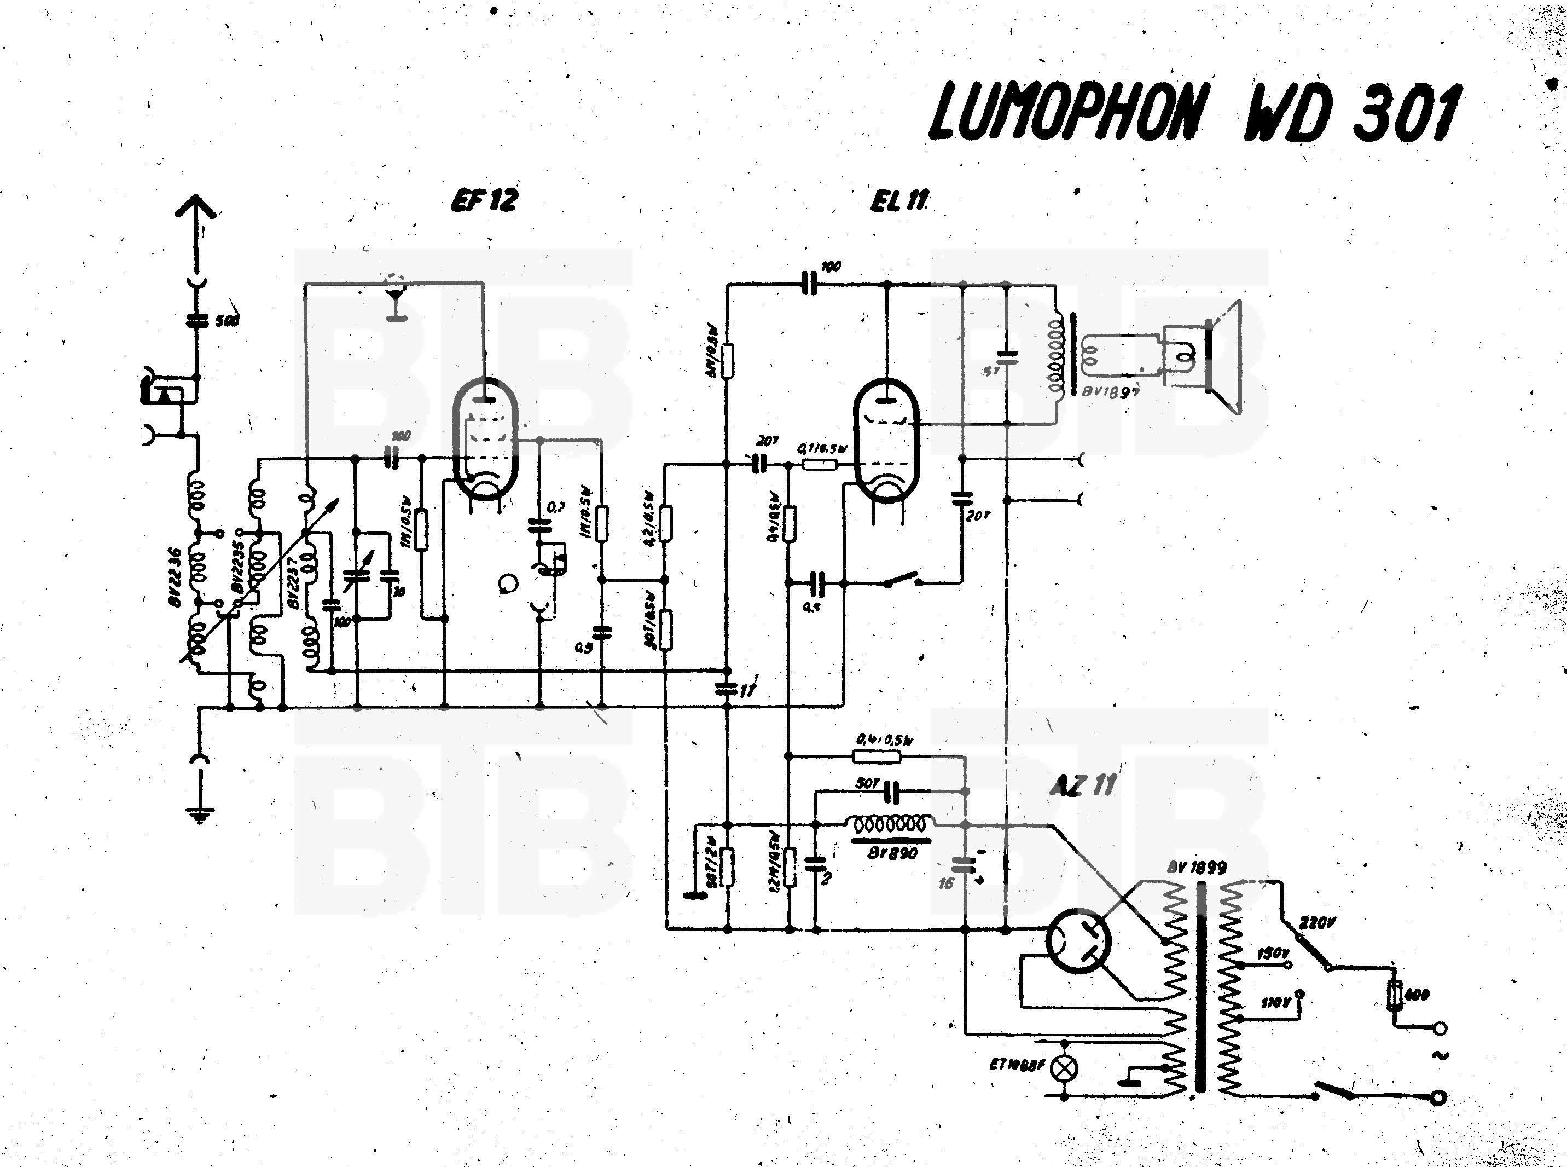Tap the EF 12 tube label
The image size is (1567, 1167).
coord(484,201)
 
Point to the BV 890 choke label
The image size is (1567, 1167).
coord(892,853)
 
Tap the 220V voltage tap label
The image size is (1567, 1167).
coord(1316,922)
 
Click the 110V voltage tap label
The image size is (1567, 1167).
coord(1275,1002)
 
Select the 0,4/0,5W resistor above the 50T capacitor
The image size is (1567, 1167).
coord(877,756)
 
